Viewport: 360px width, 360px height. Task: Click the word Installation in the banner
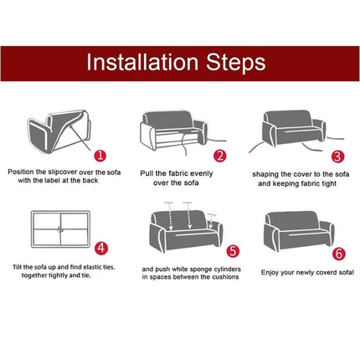click(142, 62)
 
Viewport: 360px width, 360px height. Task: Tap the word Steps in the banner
click(236, 62)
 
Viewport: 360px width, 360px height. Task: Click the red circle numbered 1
click(100, 155)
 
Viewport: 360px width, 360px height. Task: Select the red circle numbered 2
click(220, 156)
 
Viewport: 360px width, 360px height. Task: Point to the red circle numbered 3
click(337, 157)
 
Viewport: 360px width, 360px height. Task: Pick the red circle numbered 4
click(101, 248)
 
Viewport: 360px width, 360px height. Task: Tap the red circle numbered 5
click(233, 251)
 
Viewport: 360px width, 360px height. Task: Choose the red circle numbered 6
click(339, 254)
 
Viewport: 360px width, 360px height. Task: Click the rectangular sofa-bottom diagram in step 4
click(60, 229)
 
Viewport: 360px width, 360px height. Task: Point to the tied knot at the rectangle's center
click(60, 229)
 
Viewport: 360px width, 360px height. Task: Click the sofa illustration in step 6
click(299, 231)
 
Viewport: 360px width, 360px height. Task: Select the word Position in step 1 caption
click(21, 172)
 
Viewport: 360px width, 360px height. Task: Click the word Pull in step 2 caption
click(147, 173)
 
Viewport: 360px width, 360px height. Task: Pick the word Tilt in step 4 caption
click(17, 267)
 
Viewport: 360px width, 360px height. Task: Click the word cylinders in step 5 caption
click(227, 270)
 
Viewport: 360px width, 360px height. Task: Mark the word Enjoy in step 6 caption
click(270, 273)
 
